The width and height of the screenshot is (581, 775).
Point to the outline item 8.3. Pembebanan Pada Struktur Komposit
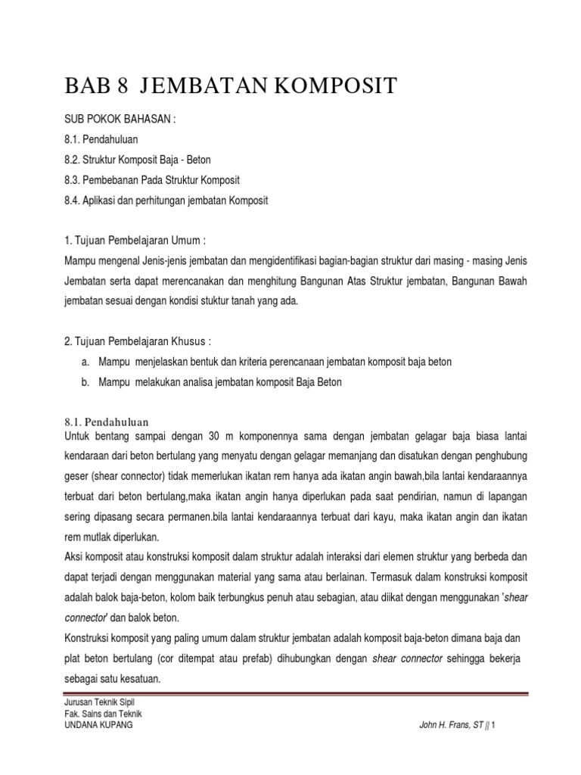tap(152, 180)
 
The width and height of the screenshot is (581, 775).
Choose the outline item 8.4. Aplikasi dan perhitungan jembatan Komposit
tap(166, 201)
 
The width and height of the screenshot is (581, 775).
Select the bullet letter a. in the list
tap(85, 362)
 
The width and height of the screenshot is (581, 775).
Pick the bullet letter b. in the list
tap(85, 382)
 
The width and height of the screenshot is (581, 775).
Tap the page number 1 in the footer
tap(492, 724)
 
